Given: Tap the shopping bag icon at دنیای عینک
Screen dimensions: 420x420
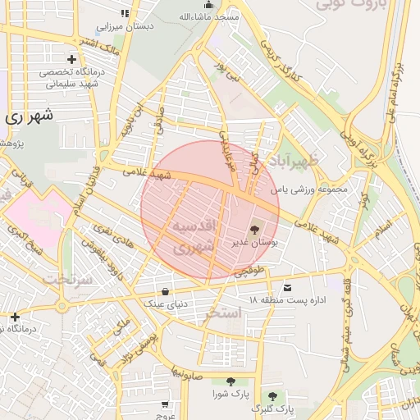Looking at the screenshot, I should [166, 291].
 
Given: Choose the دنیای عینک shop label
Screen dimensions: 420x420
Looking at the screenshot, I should [167, 304].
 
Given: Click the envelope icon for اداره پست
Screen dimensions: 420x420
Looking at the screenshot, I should [288, 288].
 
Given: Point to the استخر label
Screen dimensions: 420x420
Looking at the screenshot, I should [223, 313].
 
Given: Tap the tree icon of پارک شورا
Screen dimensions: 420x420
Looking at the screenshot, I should [230, 381].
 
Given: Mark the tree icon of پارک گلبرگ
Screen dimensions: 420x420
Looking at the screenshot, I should [272, 395].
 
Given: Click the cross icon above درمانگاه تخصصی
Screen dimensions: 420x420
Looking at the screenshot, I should [72, 59].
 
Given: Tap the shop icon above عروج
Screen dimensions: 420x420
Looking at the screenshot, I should [166, 404].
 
